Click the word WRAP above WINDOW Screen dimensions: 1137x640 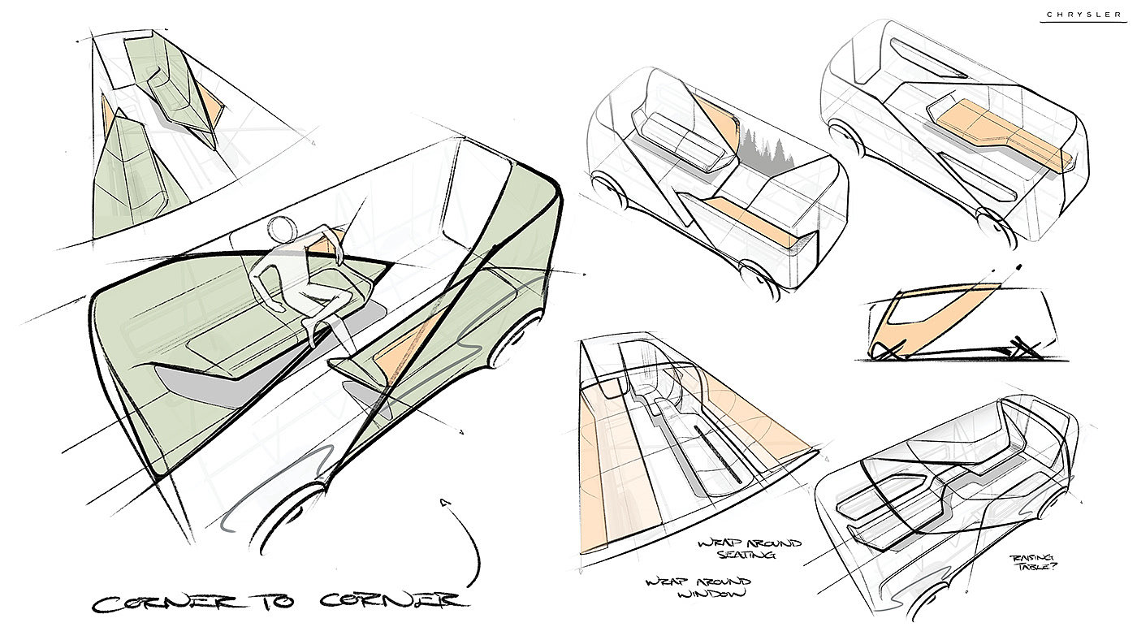665,582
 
